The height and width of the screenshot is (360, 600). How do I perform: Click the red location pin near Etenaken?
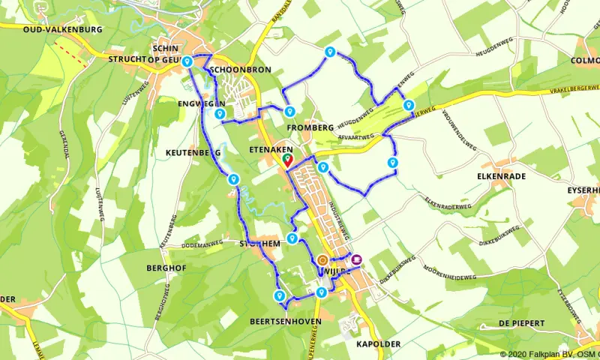(287, 160)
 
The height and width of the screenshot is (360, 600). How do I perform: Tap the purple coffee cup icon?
(356, 259)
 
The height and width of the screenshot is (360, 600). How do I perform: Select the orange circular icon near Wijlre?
(322, 260)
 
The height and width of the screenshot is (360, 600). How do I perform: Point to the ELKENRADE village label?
(502, 177)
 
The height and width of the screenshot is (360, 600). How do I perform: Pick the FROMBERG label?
(310, 127)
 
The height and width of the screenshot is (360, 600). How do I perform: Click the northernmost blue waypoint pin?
(330, 51)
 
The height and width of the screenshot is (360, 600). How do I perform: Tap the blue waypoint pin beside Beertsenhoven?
(280, 296)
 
